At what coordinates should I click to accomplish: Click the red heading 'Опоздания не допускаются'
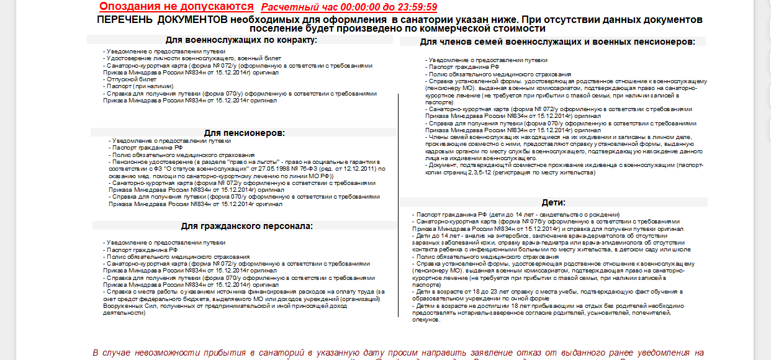click(x=176, y=7)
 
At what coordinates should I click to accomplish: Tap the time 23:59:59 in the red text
click(x=415, y=7)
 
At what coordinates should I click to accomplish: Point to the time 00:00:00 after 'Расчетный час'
click(x=359, y=7)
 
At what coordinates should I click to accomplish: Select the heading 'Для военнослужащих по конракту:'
click(x=241, y=40)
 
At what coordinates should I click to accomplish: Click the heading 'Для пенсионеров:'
click(x=244, y=133)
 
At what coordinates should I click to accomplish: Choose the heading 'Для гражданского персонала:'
click(x=246, y=226)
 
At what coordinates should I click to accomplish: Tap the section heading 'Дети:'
click(x=552, y=202)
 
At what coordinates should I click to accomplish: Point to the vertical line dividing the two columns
click(x=398, y=205)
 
